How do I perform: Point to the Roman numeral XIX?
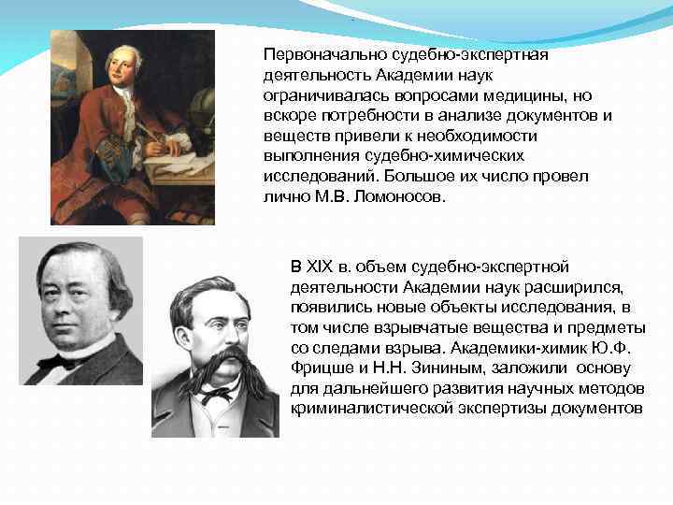321,267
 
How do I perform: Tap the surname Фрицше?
319,368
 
